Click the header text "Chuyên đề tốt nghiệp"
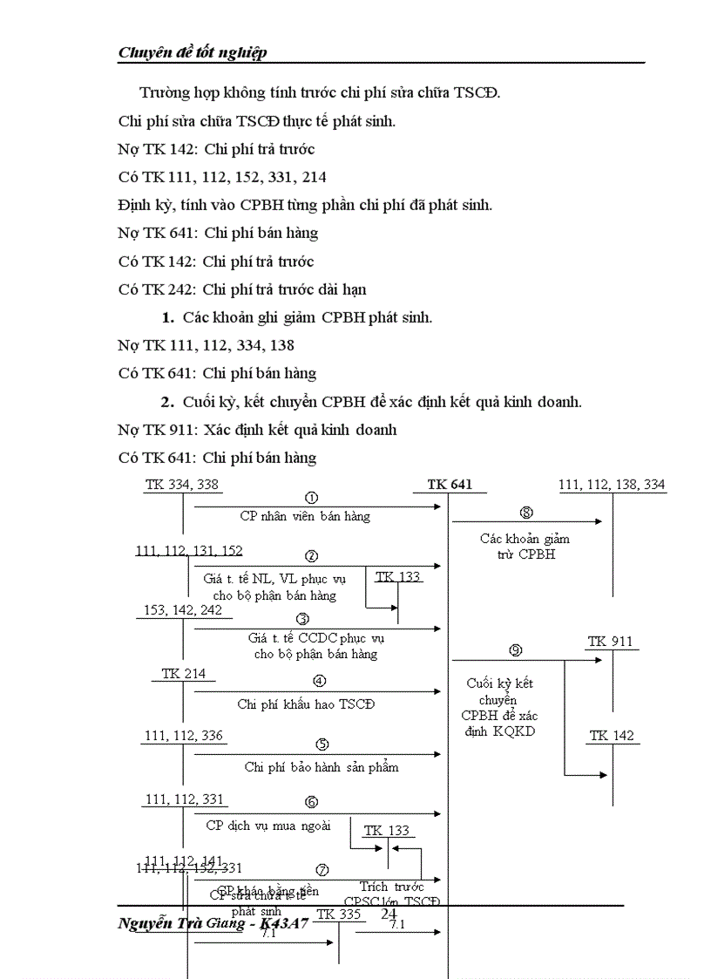193,52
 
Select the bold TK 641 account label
450,485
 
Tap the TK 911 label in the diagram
610,642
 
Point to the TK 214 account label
183,673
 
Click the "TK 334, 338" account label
182,485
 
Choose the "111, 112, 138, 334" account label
612,485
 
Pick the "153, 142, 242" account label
182,610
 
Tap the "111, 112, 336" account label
184,736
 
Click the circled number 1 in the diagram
311,498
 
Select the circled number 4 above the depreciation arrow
320,682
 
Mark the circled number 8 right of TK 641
526,513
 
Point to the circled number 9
515,649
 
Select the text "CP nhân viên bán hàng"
305,516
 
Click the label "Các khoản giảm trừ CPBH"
525,547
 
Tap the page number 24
389,913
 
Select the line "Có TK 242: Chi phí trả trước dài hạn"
242,289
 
